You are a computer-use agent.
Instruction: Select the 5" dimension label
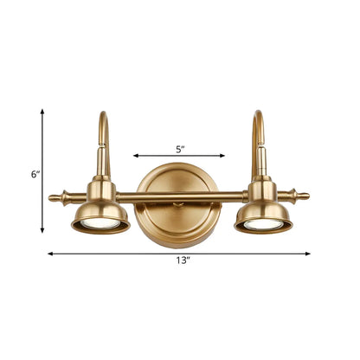(180, 149)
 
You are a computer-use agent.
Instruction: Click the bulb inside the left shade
(100, 225)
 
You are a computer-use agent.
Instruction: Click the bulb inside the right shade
(263, 224)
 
